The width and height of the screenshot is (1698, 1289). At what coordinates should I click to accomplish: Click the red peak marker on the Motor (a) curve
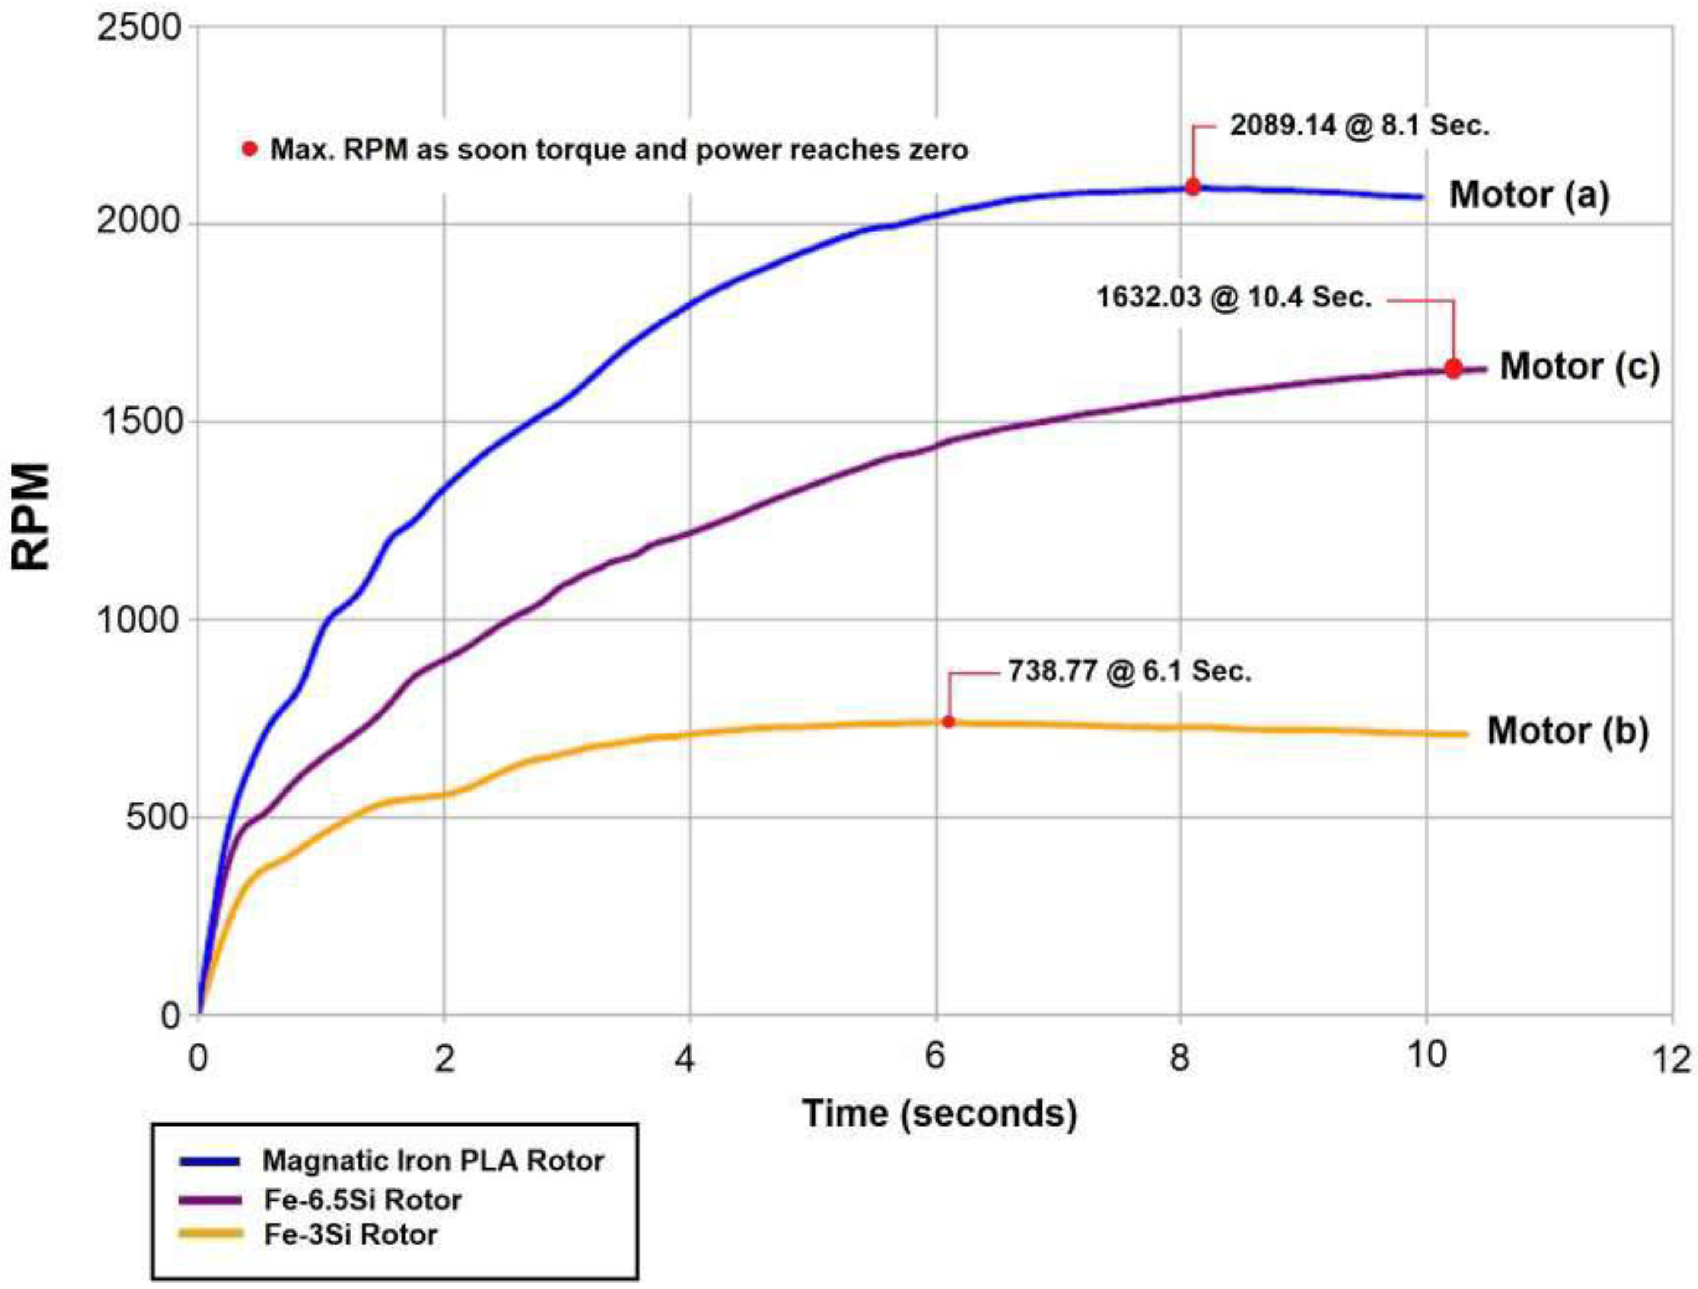(x=1193, y=186)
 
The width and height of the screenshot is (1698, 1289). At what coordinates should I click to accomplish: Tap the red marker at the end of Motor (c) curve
(x=1453, y=369)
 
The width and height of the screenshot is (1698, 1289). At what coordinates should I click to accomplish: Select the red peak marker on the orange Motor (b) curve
(x=948, y=722)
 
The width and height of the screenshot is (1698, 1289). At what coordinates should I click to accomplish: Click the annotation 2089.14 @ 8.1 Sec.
(x=1359, y=125)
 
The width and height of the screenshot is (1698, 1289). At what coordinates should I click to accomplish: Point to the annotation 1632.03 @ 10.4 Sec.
(x=1233, y=297)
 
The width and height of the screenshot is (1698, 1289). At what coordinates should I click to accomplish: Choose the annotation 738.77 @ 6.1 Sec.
(x=1129, y=672)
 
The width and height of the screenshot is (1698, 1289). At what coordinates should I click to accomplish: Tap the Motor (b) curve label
(x=1567, y=730)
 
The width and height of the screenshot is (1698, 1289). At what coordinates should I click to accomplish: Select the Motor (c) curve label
(x=1580, y=366)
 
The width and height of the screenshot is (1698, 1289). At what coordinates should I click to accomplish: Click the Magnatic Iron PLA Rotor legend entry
(x=433, y=1160)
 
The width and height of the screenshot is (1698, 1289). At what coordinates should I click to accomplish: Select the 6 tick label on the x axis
(x=934, y=1057)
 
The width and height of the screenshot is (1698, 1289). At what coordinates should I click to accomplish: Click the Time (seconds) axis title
(x=940, y=1113)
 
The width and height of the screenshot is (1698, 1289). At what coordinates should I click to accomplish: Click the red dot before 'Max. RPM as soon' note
(x=249, y=149)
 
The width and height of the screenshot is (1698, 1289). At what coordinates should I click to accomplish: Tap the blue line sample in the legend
(x=209, y=1161)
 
